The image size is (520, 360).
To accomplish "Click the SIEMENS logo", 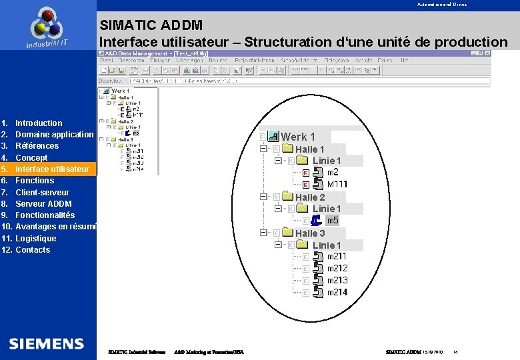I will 47,344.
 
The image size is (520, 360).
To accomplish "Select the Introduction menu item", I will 39,123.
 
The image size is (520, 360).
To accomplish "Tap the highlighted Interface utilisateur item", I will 52,169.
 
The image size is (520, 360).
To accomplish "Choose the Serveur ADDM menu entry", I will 43,204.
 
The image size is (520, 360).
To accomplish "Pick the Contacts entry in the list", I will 33,250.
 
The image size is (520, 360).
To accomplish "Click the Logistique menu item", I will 36,239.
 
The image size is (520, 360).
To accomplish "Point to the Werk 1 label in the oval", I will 297,137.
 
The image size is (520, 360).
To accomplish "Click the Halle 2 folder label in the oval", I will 310,197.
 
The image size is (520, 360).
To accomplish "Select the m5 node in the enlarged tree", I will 333,221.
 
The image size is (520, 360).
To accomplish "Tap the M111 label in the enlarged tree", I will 337,184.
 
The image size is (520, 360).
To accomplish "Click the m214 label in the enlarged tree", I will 337,293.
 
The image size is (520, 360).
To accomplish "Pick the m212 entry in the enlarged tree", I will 337,269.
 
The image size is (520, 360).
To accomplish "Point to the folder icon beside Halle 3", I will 288,233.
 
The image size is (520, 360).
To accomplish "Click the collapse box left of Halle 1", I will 263,149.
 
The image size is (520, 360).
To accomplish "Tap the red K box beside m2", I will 305,173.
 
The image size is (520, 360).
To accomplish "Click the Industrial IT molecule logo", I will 47,25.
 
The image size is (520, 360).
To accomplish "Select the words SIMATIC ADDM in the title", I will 142,26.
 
